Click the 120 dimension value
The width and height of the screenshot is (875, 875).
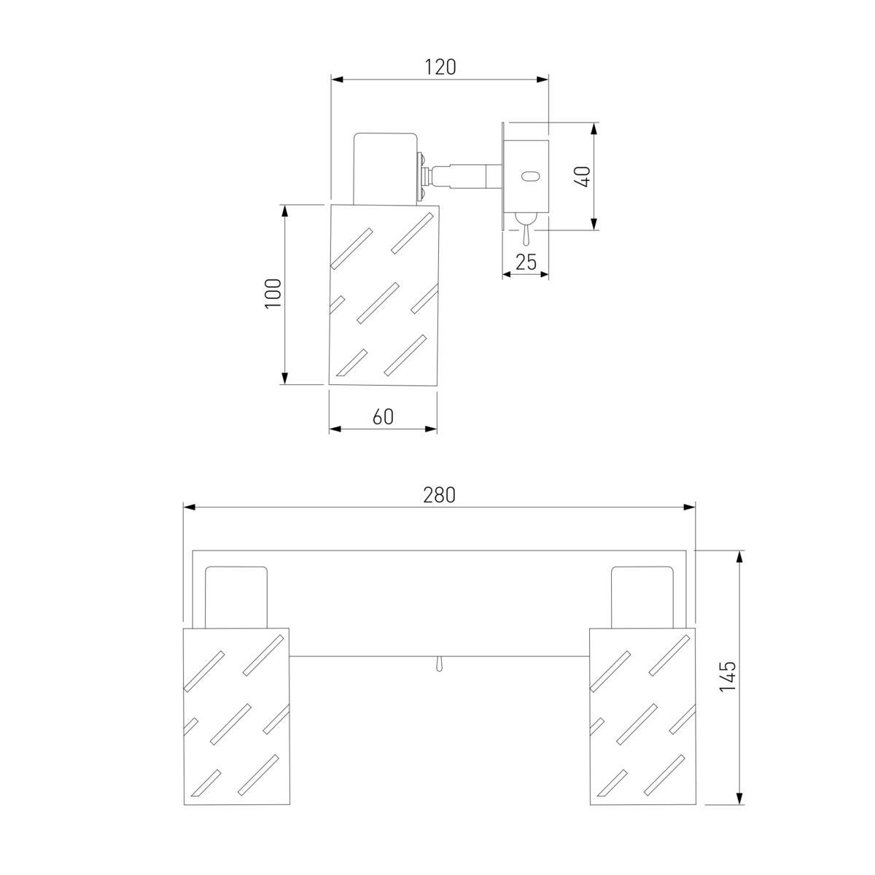tap(440, 67)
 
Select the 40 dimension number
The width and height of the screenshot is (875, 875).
tap(583, 176)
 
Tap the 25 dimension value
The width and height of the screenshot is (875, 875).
tap(526, 262)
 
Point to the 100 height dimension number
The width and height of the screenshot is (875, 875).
tap(273, 293)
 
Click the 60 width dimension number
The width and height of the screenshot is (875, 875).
tap(383, 417)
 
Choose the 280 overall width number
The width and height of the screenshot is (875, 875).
tap(439, 495)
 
